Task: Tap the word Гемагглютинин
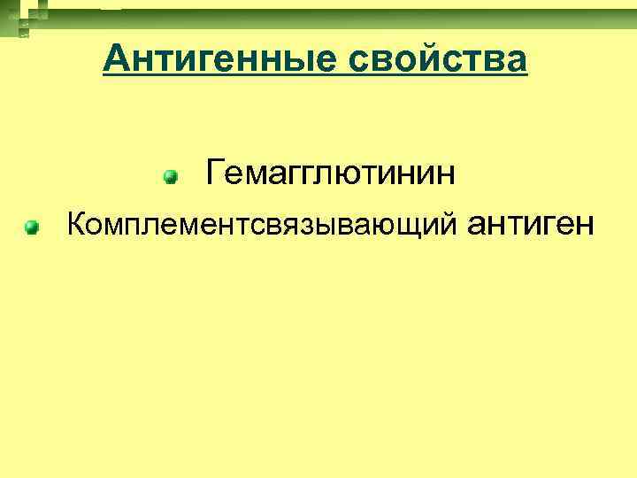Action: click(331, 173)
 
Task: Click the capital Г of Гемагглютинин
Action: click(215, 173)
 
